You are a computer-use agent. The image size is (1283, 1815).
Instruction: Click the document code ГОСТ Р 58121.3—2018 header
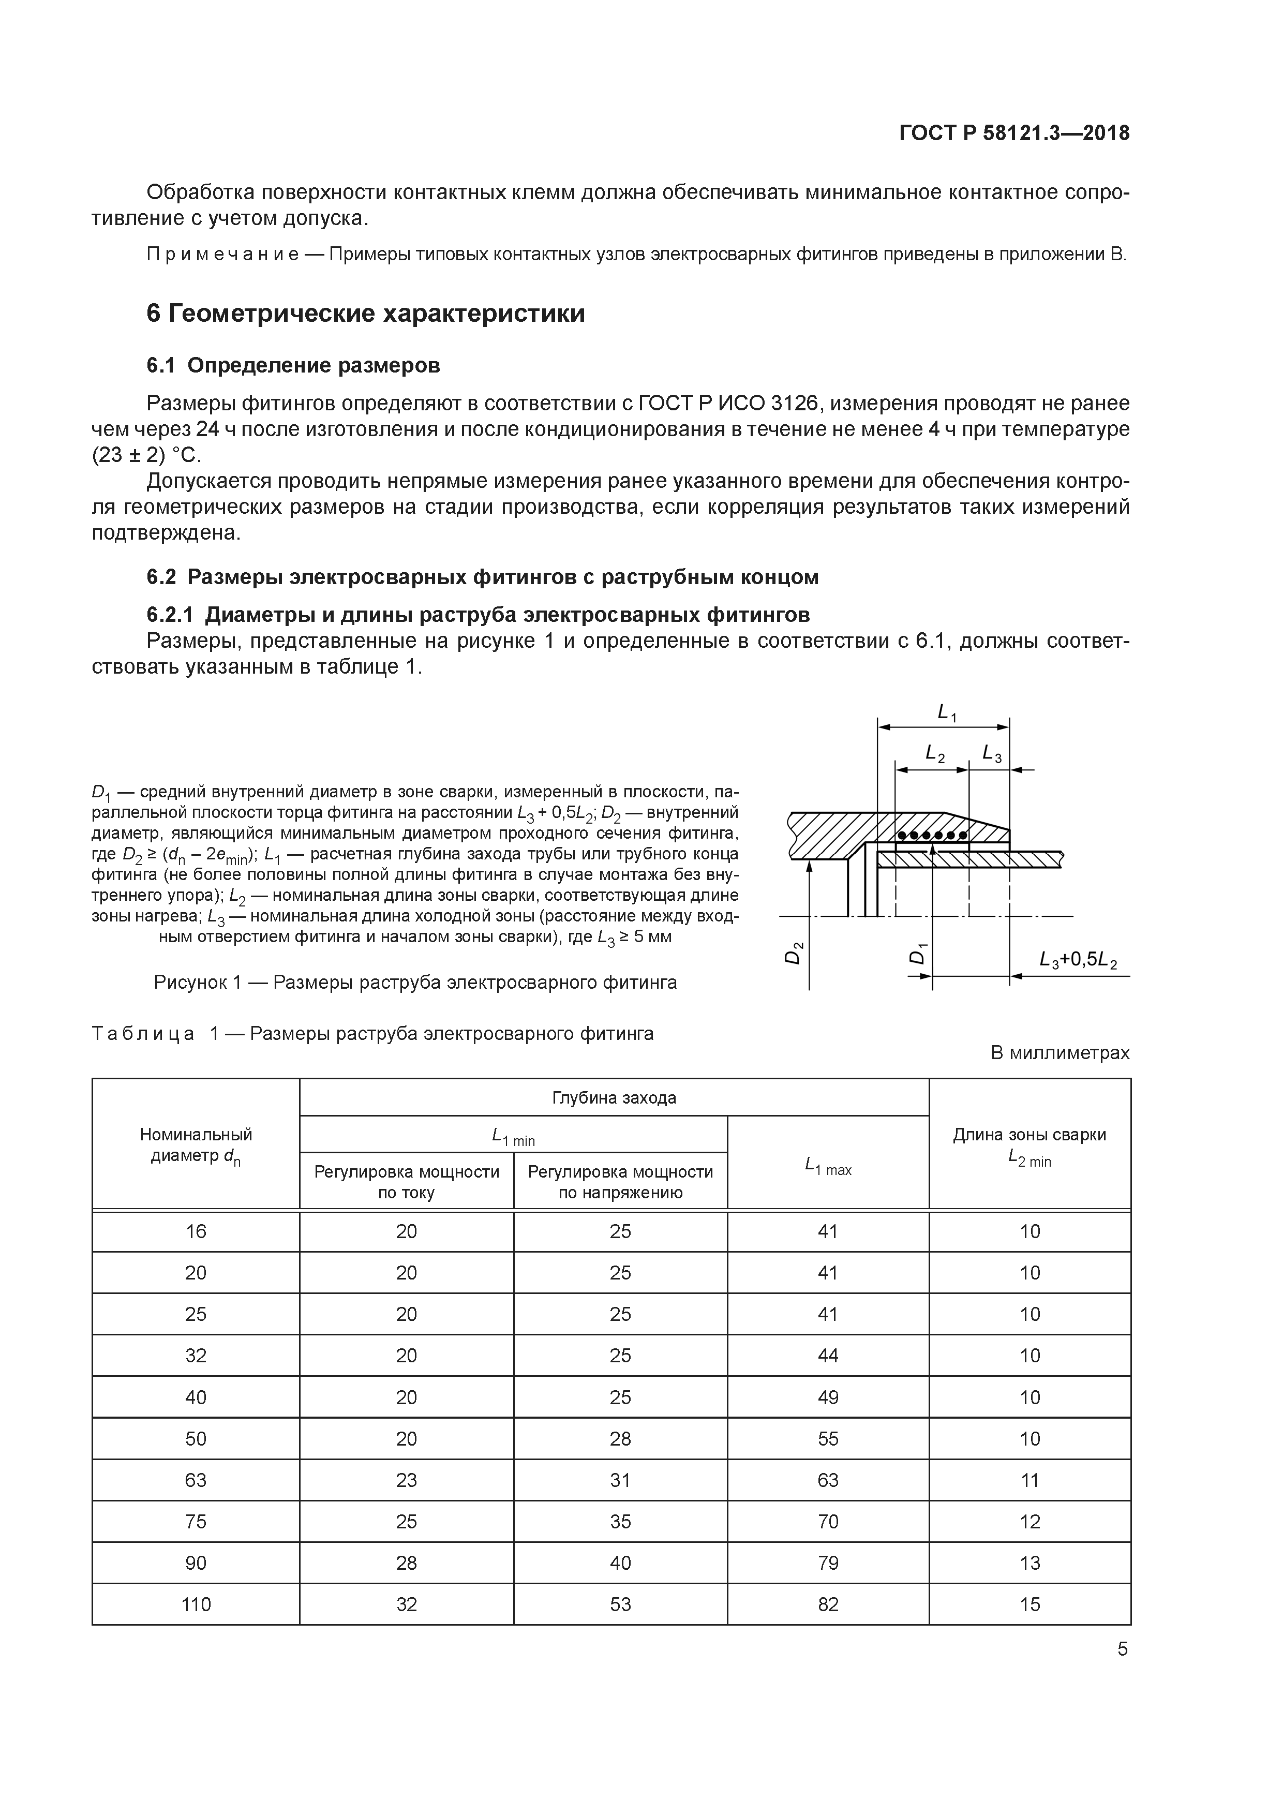pos(1013,133)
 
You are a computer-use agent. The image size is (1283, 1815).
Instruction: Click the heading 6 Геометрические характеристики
pos(365,314)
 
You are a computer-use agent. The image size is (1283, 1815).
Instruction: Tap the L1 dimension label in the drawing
pos(946,713)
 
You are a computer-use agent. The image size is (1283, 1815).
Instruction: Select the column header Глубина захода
pos(614,1097)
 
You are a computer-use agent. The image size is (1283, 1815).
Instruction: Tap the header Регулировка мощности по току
pos(406,1182)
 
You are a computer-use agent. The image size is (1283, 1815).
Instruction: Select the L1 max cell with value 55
pos(828,1439)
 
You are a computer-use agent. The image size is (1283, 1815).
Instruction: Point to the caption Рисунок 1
pos(415,983)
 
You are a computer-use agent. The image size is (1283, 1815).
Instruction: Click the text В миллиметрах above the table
pos(1060,1053)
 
